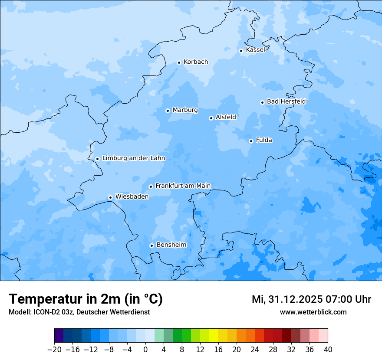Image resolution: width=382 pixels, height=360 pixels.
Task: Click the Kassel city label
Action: pyautogui.click(x=255, y=50)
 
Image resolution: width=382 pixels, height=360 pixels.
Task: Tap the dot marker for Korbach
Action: pyautogui.click(x=179, y=62)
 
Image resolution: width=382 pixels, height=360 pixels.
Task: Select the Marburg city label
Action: pyautogui.click(x=185, y=110)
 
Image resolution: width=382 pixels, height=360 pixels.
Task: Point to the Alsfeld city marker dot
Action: pyautogui.click(x=211, y=118)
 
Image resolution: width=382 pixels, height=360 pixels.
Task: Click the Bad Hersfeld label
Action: pyautogui.click(x=286, y=101)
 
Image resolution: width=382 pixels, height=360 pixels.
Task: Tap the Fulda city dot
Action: pyautogui.click(x=251, y=141)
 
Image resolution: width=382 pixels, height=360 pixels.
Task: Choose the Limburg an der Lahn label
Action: pyautogui.click(x=133, y=158)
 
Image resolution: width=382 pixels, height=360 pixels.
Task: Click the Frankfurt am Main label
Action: pyautogui.click(x=183, y=186)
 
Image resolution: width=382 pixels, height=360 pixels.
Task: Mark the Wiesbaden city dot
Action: pyautogui.click(x=110, y=197)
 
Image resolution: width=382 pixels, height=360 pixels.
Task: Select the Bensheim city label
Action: pyautogui.click(x=171, y=245)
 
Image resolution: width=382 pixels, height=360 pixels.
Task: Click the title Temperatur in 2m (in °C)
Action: pyautogui.click(x=86, y=299)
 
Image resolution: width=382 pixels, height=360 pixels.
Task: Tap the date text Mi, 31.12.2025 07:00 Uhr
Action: pyautogui.click(x=311, y=299)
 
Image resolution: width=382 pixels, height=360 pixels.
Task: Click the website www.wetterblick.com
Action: pyautogui.click(x=313, y=312)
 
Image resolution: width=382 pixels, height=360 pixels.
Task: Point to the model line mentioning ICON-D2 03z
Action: pyautogui.click(x=79, y=312)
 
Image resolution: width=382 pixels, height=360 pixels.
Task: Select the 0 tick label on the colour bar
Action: pyautogui.click(x=145, y=350)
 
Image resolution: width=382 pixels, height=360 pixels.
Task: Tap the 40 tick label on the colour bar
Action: pyautogui.click(x=328, y=350)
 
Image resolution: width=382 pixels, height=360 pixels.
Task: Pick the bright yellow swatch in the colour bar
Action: pyautogui.click(x=214, y=336)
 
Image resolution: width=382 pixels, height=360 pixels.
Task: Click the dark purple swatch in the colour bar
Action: pyautogui.click(x=59, y=336)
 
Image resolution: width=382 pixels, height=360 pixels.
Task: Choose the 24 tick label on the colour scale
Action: pyautogui.click(x=255, y=350)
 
